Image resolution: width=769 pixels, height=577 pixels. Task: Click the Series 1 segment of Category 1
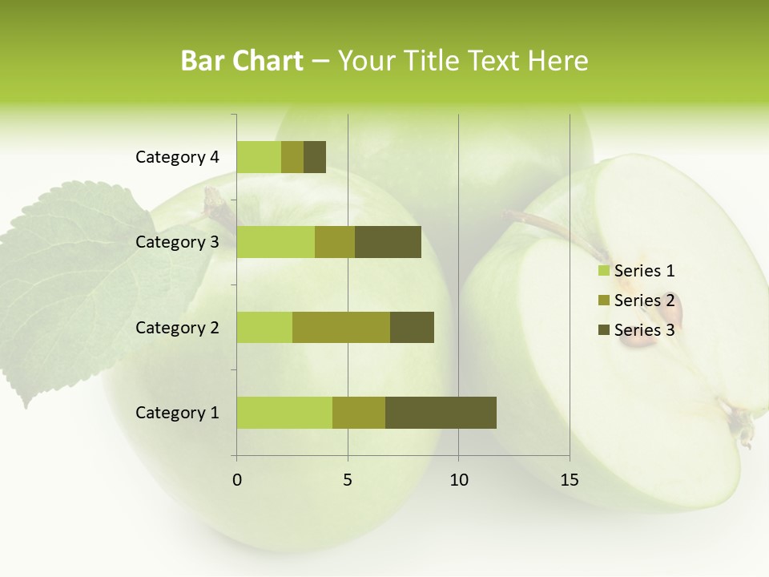click(284, 413)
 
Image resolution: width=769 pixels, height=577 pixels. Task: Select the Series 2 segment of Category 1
click(359, 413)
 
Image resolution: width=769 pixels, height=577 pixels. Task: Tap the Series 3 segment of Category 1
click(441, 413)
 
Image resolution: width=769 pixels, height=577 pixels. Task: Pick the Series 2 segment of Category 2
click(341, 327)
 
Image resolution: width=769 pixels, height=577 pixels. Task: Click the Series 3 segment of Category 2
click(412, 327)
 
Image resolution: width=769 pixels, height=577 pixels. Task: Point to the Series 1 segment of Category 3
click(276, 242)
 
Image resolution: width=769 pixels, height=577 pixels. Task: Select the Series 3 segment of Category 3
click(388, 242)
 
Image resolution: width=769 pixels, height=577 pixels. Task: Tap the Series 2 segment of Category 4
click(292, 157)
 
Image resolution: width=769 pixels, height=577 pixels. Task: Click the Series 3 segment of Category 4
click(315, 157)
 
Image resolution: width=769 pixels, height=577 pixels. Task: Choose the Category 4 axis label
click(177, 157)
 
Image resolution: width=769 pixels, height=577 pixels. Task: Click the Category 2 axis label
click(177, 327)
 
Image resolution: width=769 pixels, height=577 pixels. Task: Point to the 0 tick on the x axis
click(237, 480)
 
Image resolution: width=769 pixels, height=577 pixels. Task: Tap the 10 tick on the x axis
click(458, 480)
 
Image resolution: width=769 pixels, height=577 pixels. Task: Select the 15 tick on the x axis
click(570, 480)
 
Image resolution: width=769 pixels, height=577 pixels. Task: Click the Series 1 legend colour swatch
click(603, 271)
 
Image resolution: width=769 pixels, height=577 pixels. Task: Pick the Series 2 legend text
click(644, 301)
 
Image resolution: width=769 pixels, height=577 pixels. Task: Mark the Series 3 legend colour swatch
click(603, 330)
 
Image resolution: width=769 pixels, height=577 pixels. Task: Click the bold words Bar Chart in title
click(242, 61)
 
